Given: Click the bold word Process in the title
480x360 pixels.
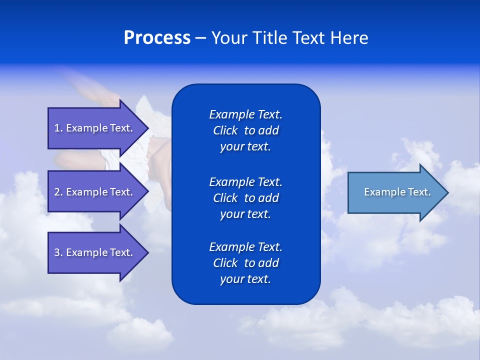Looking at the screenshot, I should (157, 38).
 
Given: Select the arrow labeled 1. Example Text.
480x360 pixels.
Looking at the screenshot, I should (93, 128).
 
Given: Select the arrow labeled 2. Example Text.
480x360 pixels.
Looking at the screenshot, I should (93, 192).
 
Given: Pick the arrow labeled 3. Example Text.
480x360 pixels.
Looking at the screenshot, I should (93, 252).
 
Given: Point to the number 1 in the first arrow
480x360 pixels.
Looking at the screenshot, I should (57, 128).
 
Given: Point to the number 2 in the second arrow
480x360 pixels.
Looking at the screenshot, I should (57, 192).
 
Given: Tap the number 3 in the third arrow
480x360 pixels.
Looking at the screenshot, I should (57, 252).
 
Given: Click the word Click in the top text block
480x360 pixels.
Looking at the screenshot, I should (225, 130).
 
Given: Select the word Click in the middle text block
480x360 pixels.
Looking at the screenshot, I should (225, 198).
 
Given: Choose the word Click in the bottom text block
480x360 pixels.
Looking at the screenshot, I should (225, 263).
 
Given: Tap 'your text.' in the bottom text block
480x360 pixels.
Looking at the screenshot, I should (245, 279).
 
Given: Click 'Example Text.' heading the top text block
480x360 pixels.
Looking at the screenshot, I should (245, 114).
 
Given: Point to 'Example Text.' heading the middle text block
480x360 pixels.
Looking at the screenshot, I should (245, 182).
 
